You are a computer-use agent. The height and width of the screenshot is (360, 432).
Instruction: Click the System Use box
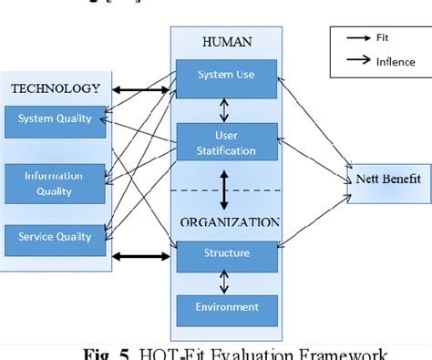226,76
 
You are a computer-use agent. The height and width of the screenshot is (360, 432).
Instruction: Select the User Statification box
226,142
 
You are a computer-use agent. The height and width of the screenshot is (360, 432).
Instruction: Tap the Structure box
226,252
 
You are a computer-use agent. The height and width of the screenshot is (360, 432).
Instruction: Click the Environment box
226,307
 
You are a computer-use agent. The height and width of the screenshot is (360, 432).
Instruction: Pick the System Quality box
56,118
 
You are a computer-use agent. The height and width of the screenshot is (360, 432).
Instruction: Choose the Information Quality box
56,183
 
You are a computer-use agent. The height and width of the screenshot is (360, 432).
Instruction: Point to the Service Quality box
56,237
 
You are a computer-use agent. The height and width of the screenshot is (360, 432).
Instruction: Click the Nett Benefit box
388,179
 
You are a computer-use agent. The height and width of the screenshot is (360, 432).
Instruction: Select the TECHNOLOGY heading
56,87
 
